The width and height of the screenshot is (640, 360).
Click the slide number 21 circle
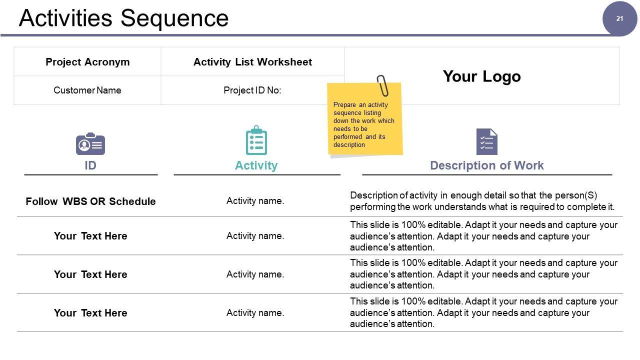tap(619, 19)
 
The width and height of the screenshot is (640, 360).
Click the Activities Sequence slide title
tap(123, 18)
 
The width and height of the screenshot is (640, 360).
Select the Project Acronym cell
tap(87, 62)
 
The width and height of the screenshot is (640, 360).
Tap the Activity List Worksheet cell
tap(252, 62)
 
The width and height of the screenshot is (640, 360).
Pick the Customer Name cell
tap(87, 90)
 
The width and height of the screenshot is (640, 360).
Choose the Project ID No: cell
tap(252, 90)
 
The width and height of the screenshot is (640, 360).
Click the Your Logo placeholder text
tap(481, 76)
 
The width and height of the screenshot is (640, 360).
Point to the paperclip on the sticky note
tap(383, 85)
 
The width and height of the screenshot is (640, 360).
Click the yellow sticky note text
tap(363, 125)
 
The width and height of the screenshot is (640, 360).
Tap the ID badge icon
tap(90, 144)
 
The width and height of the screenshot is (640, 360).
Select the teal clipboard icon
tap(256, 141)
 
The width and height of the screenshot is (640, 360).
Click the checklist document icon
tap(486, 142)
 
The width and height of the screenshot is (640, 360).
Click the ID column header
tap(90, 165)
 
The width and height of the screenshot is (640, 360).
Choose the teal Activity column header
tap(256, 165)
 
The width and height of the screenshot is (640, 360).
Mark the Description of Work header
tap(486, 165)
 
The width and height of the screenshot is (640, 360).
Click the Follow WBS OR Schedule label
tap(90, 201)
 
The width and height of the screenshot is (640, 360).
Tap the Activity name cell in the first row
tap(255, 201)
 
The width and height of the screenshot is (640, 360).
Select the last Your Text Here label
tap(90, 313)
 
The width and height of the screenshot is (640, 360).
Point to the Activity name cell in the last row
tap(255, 313)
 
